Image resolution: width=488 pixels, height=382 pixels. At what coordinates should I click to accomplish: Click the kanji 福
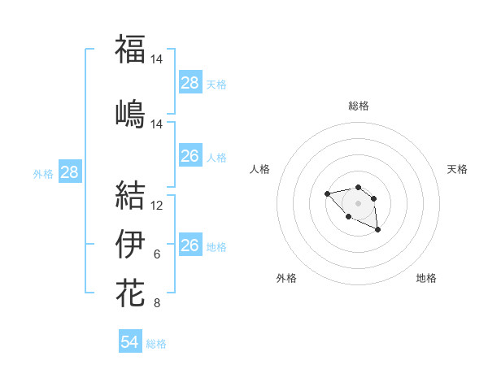pyautogui.click(x=130, y=49)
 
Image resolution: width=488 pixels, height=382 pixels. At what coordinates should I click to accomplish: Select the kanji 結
pyautogui.click(x=130, y=195)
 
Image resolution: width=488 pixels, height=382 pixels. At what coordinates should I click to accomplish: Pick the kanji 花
pyautogui.click(x=130, y=292)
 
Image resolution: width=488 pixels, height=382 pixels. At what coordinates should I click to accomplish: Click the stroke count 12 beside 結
pyautogui.click(x=157, y=206)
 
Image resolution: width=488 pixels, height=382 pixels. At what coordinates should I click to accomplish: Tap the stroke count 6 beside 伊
pyautogui.click(x=157, y=254)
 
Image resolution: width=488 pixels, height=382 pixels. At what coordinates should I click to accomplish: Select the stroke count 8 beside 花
pyautogui.click(x=157, y=303)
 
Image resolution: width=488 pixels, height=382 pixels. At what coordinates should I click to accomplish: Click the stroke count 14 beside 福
pyautogui.click(x=157, y=59)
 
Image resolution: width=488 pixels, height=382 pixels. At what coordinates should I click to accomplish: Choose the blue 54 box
pyautogui.click(x=130, y=342)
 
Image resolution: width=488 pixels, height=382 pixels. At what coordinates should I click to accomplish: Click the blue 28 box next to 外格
pyautogui.click(x=69, y=172)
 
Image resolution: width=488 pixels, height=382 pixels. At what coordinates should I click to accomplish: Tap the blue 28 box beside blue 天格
pyautogui.click(x=190, y=83)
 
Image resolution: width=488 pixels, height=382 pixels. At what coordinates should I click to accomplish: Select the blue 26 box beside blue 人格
pyautogui.click(x=190, y=156)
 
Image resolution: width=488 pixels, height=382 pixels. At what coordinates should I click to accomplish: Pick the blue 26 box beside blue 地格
pyautogui.click(x=190, y=245)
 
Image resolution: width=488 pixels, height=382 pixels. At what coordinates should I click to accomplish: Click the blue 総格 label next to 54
pyautogui.click(x=156, y=344)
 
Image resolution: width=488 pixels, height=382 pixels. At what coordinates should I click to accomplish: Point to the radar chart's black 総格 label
pyautogui.click(x=359, y=106)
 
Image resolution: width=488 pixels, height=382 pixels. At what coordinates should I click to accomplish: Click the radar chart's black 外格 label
pyautogui.click(x=286, y=278)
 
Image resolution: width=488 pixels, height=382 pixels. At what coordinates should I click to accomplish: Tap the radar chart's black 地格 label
pyautogui.click(x=426, y=278)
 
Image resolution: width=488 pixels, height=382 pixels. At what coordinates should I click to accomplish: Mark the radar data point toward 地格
pyautogui.click(x=378, y=231)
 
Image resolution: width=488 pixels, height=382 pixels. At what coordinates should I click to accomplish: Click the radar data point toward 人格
pyautogui.click(x=327, y=193)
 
